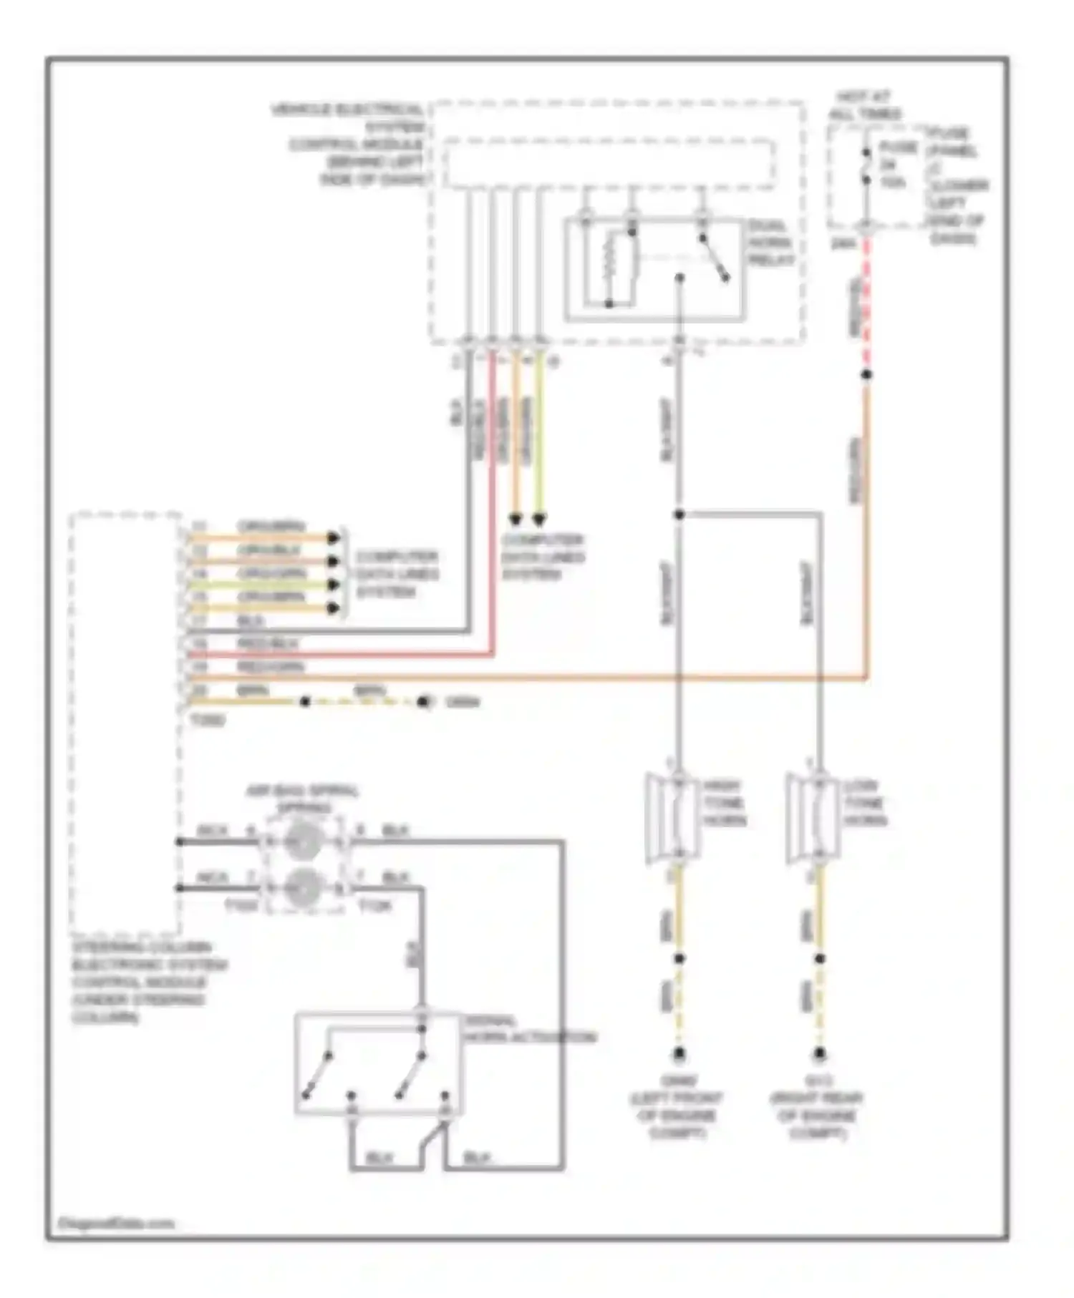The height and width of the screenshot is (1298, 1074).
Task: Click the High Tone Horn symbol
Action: (x=674, y=816)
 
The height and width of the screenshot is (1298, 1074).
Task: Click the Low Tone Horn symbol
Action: (x=814, y=816)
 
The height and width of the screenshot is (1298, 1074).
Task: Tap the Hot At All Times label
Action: (x=865, y=105)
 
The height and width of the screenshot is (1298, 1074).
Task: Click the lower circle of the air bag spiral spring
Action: (x=301, y=887)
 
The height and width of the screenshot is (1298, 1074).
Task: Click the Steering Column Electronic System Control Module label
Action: (x=147, y=982)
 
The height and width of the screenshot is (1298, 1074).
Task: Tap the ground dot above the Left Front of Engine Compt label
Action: (x=679, y=1054)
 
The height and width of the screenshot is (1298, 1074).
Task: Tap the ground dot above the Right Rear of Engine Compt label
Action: (x=819, y=1054)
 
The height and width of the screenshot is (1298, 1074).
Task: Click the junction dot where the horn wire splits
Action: (x=679, y=514)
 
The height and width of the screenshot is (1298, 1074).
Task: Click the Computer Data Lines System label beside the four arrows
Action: (x=397, y=574)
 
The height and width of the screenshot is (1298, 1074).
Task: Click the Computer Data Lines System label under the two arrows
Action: (x=543, y=557)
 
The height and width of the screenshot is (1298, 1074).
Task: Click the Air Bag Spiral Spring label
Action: (x=301, y=799)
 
